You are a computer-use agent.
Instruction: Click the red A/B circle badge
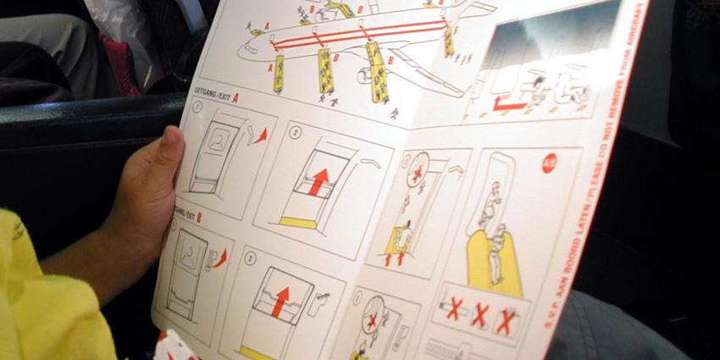[550, 163]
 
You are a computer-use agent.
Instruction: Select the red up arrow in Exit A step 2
[318, 180]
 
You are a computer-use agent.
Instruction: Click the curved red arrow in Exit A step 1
[260, 134]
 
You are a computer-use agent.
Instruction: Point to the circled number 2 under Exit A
[296, 133]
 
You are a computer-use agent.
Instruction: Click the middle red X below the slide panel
[479, 315]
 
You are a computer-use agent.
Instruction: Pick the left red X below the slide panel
[453, 308]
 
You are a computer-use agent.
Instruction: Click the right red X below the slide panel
[507, 321]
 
